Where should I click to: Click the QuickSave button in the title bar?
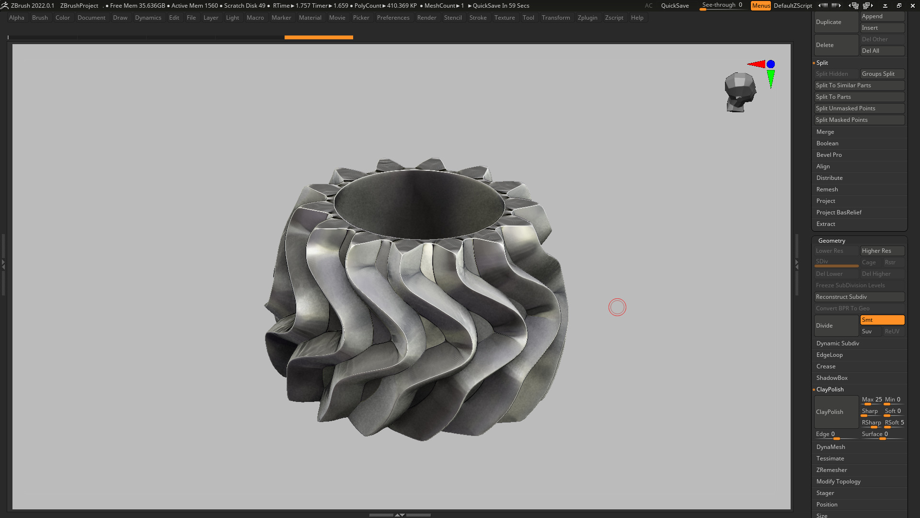(x=675, y=6)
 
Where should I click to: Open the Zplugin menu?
(x=587, y=18)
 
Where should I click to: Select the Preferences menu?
(x=393, y=18)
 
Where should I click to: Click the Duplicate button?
(x=836, y=22)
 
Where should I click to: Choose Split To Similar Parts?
(x=859, y=85)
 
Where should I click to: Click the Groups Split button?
(x=882, y=74)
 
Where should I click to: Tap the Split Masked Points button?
(x=859, y=120)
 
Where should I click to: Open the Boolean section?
(x=828, y=143)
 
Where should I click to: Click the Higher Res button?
(x=882, y=251)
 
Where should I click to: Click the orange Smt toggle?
(x=882, y=320)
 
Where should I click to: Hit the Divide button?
(x=836, y=326)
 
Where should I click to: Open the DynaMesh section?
(x=831, y=447)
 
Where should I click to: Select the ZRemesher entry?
(x=832, y=470)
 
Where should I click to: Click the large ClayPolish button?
(x=836, y=412)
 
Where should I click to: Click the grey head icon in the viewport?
(x=740, y=92)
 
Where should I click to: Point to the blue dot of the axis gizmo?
(x=770, y=64)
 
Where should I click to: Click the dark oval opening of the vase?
(x=419, y=204)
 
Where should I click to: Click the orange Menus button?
(x=760, y=6)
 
